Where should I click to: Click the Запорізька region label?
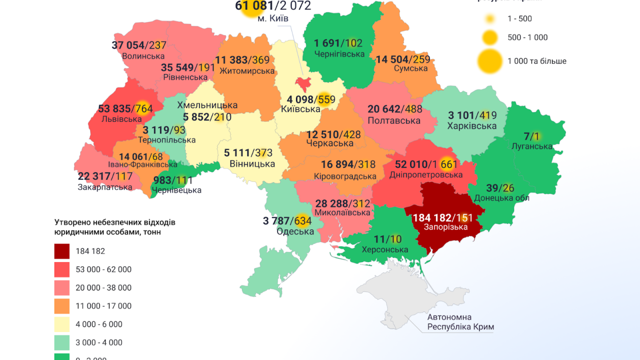[445, 227]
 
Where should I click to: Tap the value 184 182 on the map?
[431, 217]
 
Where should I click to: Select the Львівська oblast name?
[121, 119]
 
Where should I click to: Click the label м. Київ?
[273, 18]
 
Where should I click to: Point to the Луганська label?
[532, 146]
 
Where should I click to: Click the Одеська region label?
[295, 231]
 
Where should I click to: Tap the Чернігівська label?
[339, 53]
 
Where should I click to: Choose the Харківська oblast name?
[472, 126]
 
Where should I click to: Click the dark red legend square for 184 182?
[62, 251]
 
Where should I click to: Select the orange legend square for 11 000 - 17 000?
[62, 306]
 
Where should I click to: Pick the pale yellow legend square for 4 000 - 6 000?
[62, 324]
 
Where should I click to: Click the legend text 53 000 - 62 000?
[103, 269]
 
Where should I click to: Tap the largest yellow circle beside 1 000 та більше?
[490, 61]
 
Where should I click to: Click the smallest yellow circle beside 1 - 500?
[490, 19]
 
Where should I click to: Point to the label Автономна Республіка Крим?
[460, 322]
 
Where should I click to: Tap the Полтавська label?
[393, 120]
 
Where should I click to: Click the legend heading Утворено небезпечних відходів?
[115, 222]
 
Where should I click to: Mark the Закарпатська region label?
[105, 187]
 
